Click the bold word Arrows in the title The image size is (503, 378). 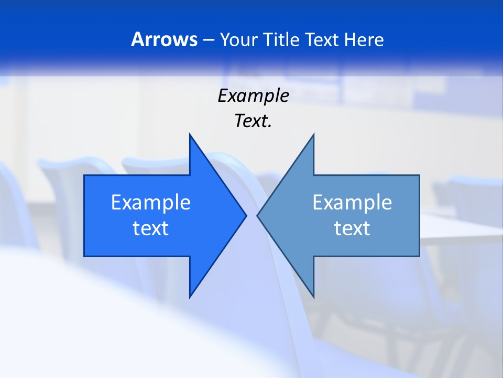pos(163,39)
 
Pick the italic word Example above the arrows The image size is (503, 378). pos(253,96)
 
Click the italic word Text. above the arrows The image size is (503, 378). pos(253,121)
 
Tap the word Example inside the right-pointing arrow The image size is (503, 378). pos(151,202)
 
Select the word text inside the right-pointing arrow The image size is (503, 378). pos(151,228)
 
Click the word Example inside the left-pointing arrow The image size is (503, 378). pos(352,202)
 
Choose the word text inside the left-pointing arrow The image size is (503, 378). pos(352,228)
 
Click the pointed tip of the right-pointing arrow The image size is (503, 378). pos(246,215)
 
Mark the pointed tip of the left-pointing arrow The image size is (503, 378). pos(257,215)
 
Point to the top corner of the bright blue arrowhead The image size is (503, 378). pos(190,134)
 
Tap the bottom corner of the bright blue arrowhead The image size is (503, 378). pos(190,297)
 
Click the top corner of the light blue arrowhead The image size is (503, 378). pos(313,134)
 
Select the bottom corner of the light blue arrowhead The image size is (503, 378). pos(313,297)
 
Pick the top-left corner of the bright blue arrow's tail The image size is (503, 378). pos(84,175)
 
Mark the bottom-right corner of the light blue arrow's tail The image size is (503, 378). pos(419,256)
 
